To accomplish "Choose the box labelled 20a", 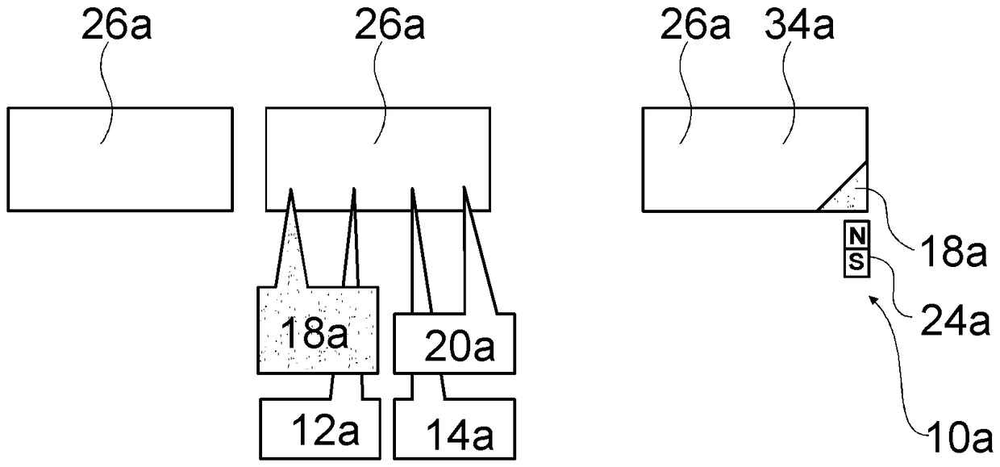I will (x=456, y=344).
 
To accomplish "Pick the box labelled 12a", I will (x=319, y=429).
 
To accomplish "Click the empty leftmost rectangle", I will (x=120, y=159).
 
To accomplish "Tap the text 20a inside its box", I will (x=459, y=349).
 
